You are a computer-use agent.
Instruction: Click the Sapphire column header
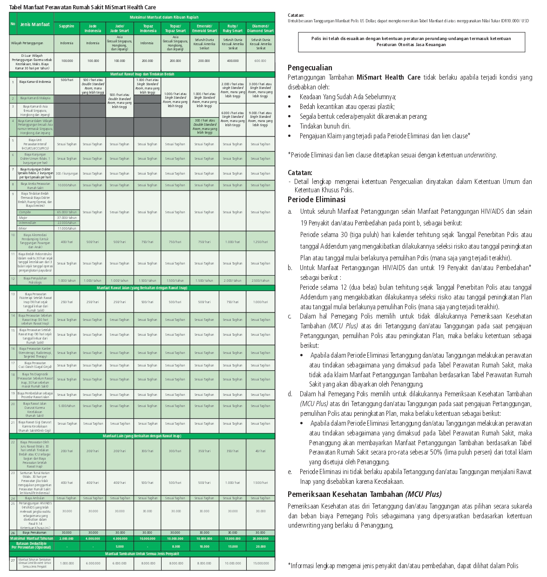(67, 27)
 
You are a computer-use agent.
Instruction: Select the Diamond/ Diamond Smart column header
(260, 28)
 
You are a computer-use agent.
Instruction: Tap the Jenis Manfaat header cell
(35, 24)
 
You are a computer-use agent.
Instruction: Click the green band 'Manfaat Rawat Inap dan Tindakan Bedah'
(142, 75)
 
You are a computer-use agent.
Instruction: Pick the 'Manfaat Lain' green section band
(142, 436)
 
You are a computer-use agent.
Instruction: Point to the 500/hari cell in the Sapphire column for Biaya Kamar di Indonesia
(67, 80)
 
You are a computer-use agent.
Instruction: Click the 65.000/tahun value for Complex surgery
(67, 212)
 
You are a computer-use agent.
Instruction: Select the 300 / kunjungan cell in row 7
(67, 174)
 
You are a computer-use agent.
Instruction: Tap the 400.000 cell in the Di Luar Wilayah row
(233, 61)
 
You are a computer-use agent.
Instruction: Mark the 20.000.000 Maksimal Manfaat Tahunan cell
(260, 538)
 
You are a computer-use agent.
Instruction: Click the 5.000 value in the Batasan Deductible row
(120, 547)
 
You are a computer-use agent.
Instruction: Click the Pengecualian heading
(310, 68)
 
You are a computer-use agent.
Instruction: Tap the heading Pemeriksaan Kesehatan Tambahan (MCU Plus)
(364, 495)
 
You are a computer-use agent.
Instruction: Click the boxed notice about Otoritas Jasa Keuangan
(411, 41)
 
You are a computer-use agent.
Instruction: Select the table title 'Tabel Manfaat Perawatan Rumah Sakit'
(82, 7)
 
